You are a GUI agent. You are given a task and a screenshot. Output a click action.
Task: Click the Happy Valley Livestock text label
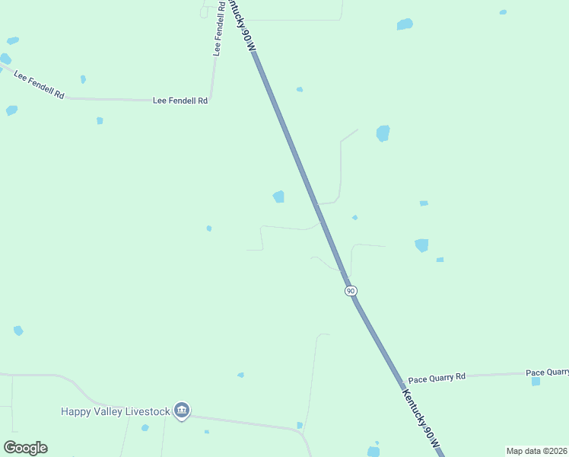tap(116, 411)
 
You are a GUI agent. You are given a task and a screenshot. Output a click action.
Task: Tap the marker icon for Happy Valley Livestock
tap(181, 411)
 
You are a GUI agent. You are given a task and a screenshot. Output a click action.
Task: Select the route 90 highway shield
tap(350, 291)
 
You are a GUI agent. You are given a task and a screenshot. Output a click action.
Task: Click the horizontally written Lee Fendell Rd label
tap(180, 100)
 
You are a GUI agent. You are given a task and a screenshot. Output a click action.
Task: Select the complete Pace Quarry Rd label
tap(437, 378)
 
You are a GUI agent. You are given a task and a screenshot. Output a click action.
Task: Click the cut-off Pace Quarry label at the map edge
tap(547, 372)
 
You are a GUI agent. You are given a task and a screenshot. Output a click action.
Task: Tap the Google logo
tap(25, 448)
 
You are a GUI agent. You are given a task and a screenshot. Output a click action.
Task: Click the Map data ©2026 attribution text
tap(536, 451)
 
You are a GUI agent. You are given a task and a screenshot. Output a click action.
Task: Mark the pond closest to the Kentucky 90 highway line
tap(278, 197)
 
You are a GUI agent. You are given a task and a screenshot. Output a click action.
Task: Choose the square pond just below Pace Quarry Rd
tap(536, 381)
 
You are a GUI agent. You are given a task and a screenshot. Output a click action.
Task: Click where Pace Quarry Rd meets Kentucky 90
tap(400, 379)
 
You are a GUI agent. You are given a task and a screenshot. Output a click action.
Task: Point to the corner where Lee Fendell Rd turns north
tap(212, 99)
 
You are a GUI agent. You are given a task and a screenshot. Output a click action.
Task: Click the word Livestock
tap(148, 411)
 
